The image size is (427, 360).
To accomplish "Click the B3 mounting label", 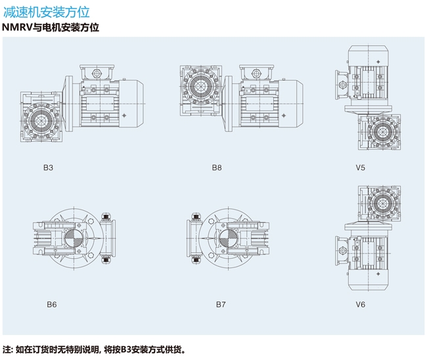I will pos(48,168).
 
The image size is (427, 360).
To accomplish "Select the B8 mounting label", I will pos(217,168).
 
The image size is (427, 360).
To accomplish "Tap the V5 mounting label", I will pos(361,168).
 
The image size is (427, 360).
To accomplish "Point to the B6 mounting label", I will pos(51,304).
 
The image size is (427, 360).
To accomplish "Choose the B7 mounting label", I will pos(221,304).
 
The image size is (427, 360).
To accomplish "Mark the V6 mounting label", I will pos(361,304).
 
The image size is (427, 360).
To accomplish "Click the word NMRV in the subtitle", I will pos(18,28).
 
